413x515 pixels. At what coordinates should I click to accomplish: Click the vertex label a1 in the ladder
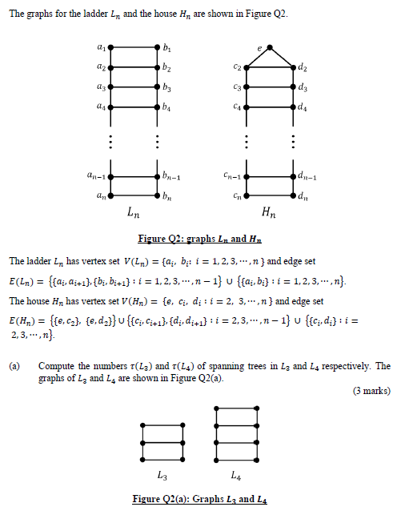(x=100, y=49)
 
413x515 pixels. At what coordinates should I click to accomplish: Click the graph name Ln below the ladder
(x=134, y=213)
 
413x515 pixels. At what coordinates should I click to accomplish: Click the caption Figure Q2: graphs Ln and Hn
(x=205, y=239)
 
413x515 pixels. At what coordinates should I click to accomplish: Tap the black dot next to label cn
(x=246, y=195)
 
